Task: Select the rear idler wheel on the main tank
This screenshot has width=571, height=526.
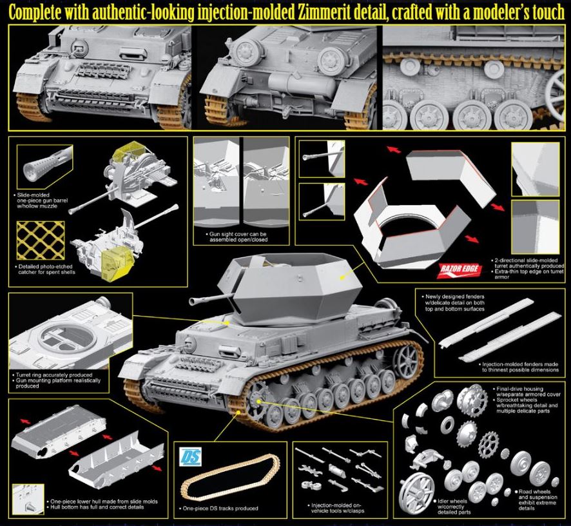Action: (406, 358)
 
